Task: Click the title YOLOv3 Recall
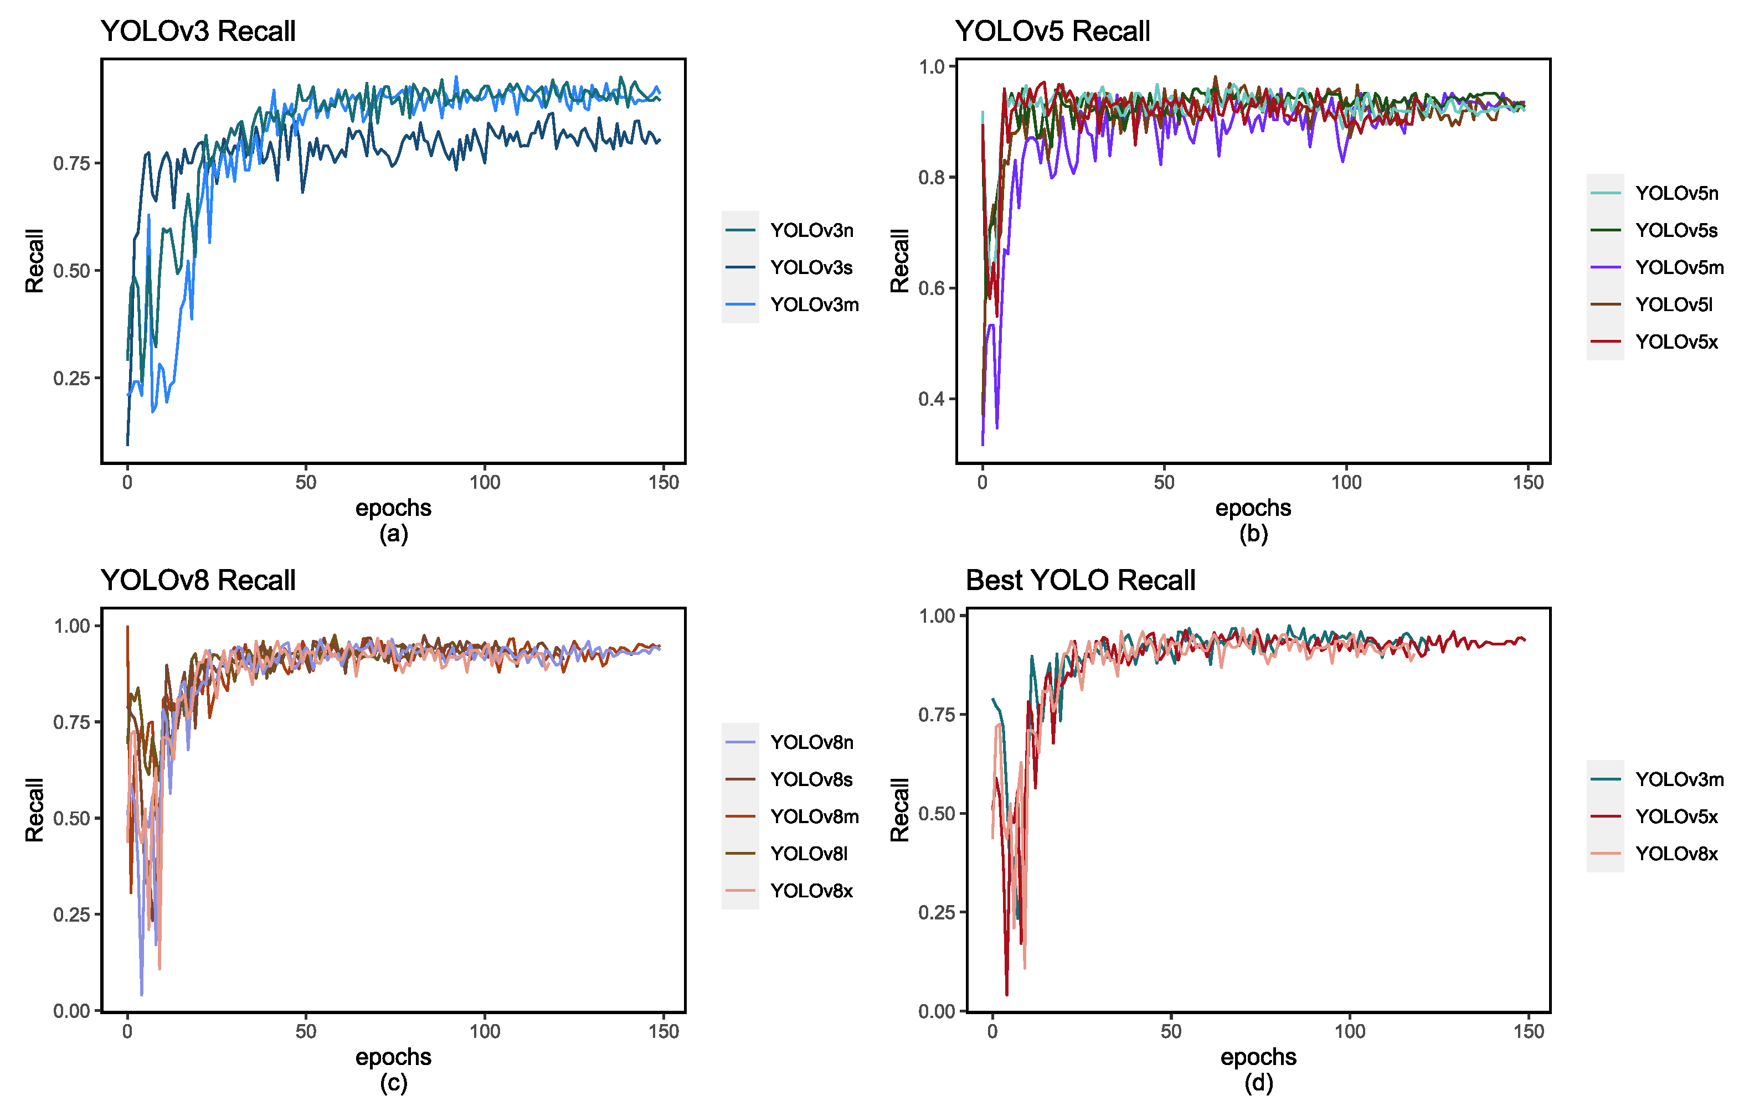198,31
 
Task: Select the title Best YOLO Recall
1079,580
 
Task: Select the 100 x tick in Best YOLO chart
1350,1031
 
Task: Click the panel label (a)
393,534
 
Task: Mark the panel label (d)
1258,1083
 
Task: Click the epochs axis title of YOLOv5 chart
1252,508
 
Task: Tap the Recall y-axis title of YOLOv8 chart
34,810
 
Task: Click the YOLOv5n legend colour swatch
1605,193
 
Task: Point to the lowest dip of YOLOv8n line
142,994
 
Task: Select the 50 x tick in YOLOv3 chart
306,482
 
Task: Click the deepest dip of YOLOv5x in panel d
1007,994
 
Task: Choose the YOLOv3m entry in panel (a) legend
814,304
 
